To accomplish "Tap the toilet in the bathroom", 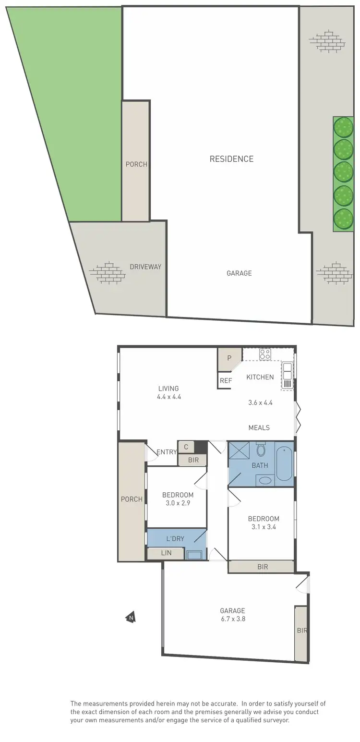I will [x=261, y=450].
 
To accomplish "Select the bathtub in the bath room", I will [x=284, y=463].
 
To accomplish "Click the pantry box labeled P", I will [x=229, y=358].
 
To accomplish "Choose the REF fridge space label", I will [x=226, y=380].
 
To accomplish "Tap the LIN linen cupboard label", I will [x=166, y=553].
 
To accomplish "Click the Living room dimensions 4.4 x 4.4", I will [x=168, y=397].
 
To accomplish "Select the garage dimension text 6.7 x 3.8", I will [x=233, y=619].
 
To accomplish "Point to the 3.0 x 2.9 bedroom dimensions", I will [x=178, y=503].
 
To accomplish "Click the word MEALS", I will [x=259, y=427].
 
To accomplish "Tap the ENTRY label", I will [x=167, y=452].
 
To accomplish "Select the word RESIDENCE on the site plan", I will [x=231, y=159].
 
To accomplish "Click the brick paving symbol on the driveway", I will [x=107, y=272].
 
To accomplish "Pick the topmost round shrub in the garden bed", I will [x=343, y=127].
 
